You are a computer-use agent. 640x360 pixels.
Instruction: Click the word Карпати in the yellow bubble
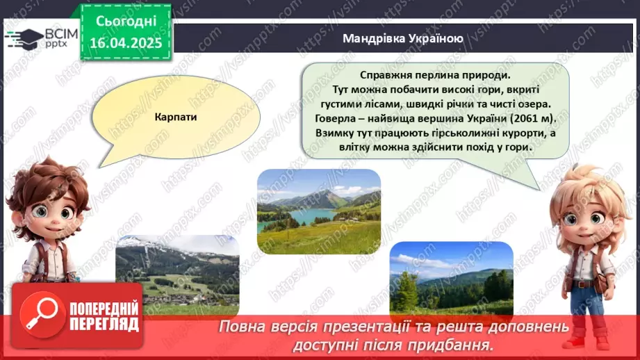176,117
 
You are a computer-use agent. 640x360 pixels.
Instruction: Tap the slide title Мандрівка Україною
402,38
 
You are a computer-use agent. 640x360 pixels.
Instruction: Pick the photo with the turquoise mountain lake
319,211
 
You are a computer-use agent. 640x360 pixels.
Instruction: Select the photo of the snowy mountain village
177,275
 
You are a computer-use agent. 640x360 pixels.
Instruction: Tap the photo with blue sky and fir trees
451,278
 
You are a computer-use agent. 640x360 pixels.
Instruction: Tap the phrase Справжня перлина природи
435,75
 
